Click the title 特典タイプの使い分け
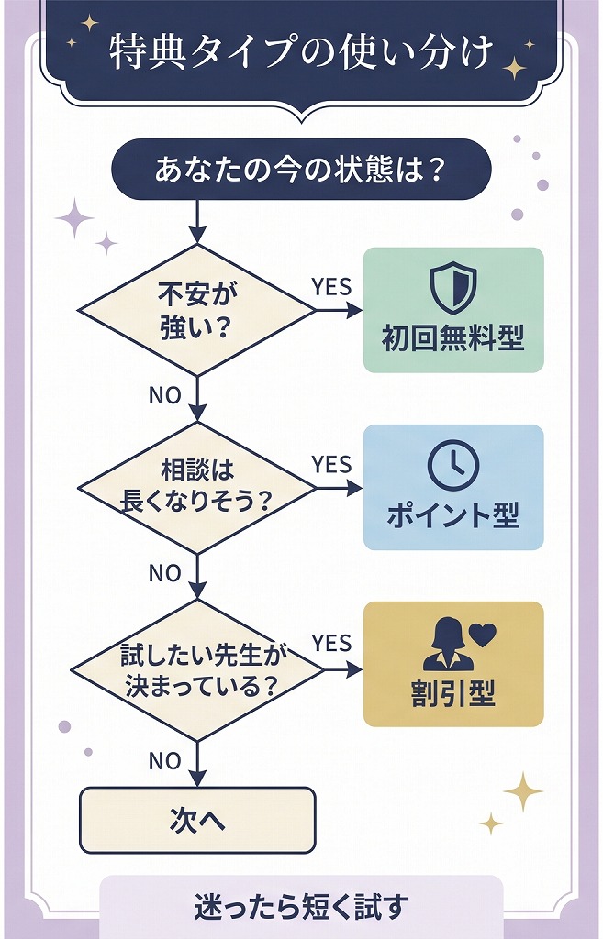point(300,52)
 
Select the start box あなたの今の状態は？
point(300,170)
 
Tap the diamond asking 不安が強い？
point(196,310)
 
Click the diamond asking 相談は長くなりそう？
point(196,487)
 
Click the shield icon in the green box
point(453,288)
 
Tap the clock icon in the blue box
point(453,465)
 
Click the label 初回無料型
point(453,338)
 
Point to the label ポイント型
point(453,516)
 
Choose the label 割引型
point(453,694)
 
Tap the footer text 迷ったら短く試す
point(300,907)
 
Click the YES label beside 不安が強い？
point(331,287)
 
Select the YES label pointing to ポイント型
point(331,465)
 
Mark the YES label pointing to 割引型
point(331,643)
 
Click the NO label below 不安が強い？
point(164,395)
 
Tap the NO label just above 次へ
point(164,761)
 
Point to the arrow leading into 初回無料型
point(340,310)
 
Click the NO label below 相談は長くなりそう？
point(164,573)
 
